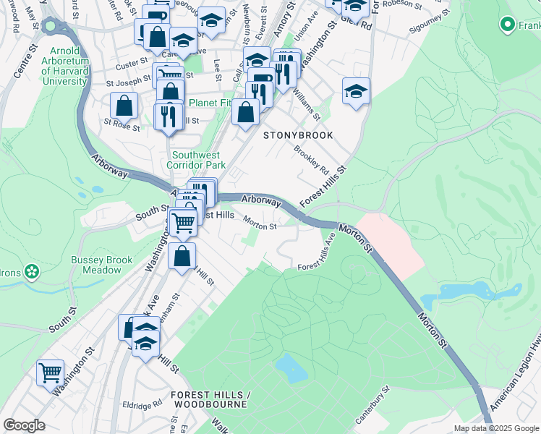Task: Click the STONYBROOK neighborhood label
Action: point(298,135)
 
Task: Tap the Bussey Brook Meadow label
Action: point(101,265)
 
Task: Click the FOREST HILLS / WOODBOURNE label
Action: point(210,399)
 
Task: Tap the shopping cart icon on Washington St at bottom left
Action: point(51,374)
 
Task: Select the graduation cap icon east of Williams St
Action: point(356,91)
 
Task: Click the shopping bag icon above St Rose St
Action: point(124,105)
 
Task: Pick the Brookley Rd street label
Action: point(311,159)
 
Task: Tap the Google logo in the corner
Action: point(24,425)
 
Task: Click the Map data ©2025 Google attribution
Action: point(495,428)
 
